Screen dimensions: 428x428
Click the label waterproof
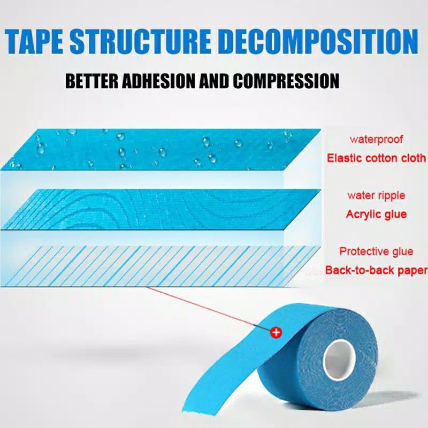coord(376,139)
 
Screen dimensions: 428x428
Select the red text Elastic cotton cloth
coord(377,158)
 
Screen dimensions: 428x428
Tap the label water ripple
coord(376,195)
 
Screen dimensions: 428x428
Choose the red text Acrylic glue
coord(376,215)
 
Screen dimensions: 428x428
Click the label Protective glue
coord(376,251)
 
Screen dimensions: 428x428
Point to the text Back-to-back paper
coord(376,270)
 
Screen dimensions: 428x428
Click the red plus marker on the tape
coord(276,332)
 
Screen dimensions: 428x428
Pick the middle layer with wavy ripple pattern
coord(160,209)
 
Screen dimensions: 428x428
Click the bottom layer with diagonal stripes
coord(160,265)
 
